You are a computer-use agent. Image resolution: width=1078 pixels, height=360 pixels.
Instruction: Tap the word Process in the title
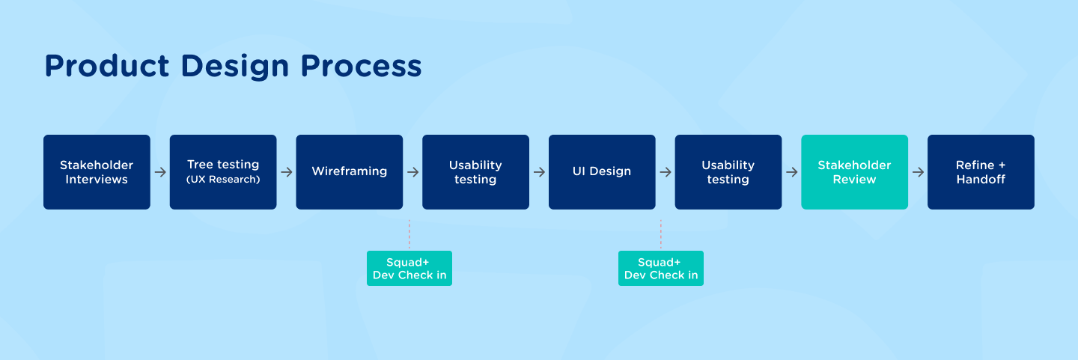(362, 66)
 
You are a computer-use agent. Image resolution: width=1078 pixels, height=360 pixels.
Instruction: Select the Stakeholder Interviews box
(97, 172)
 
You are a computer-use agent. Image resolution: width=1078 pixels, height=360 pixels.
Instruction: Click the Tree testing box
(223, 172)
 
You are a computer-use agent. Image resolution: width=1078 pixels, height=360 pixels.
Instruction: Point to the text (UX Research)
(223, 180)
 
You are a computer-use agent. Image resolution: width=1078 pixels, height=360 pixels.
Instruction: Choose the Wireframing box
(350, 172)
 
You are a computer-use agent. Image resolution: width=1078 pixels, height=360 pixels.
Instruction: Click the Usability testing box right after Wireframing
(475, 172)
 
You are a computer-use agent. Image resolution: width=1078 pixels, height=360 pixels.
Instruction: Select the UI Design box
(602, 172)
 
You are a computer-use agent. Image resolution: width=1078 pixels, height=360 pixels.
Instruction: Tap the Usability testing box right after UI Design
(728, 172)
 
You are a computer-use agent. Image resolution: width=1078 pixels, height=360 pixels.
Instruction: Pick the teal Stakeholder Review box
(854, 172)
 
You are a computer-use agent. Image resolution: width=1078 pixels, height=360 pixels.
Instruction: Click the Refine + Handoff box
(981, 172)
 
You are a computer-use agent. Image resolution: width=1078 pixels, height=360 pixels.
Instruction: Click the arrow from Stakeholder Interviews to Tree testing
(160, 172)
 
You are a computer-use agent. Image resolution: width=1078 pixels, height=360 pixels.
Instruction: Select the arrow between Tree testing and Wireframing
(287, 172)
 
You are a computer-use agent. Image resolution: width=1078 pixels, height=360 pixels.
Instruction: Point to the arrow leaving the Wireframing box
(412, 172)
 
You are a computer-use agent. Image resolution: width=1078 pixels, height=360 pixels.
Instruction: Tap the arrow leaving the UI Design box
(666, 172)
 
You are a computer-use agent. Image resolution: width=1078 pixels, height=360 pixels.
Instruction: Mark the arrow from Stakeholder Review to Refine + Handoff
(918, 172)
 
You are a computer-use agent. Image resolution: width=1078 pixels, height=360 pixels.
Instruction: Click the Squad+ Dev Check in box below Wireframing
(409, 269)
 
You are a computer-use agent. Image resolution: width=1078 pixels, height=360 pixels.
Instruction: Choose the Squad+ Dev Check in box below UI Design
(661, 269)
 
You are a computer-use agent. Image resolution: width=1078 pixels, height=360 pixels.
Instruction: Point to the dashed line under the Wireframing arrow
(409, 234)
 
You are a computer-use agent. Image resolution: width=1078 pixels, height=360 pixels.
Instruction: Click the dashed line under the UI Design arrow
(661, 234)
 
